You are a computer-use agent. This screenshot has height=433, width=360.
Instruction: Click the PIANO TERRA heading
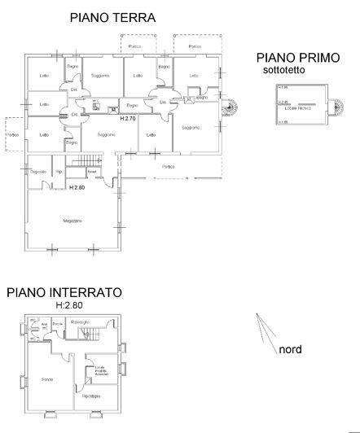(112, 16)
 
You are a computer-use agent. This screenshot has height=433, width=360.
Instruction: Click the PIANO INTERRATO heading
(64, 291)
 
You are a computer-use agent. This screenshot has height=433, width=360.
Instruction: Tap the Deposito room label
(37, 173)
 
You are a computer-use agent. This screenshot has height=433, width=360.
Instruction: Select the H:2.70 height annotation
(127, 119)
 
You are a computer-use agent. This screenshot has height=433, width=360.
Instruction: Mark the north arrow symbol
(262, 330)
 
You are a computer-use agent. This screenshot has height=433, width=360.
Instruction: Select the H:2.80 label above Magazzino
(77, 188)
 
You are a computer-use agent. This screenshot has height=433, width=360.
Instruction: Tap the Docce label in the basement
(57, 324)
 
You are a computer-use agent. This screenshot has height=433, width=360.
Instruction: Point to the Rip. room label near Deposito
(59, 173)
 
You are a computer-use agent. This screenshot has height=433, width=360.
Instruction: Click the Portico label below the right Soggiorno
(168, 167)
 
